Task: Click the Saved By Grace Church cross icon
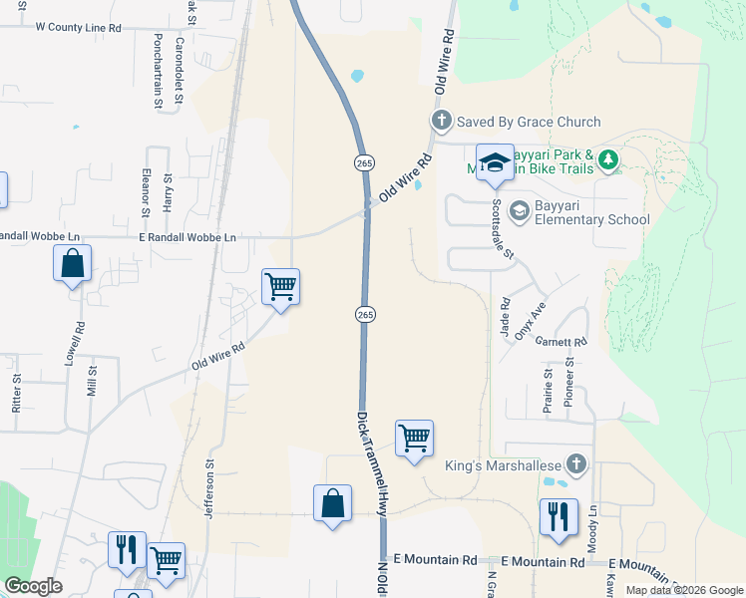[442, 122]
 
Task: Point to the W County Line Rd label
[78, 28]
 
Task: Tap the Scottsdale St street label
[501, 230]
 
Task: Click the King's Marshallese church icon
[575, 463]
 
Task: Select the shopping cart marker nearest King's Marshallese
[414, 439]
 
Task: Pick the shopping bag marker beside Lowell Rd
[72, 264]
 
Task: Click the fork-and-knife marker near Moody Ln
[559, 516]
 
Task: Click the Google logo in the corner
[33, 586]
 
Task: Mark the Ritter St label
[17, 394]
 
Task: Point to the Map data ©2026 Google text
[684, 590]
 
